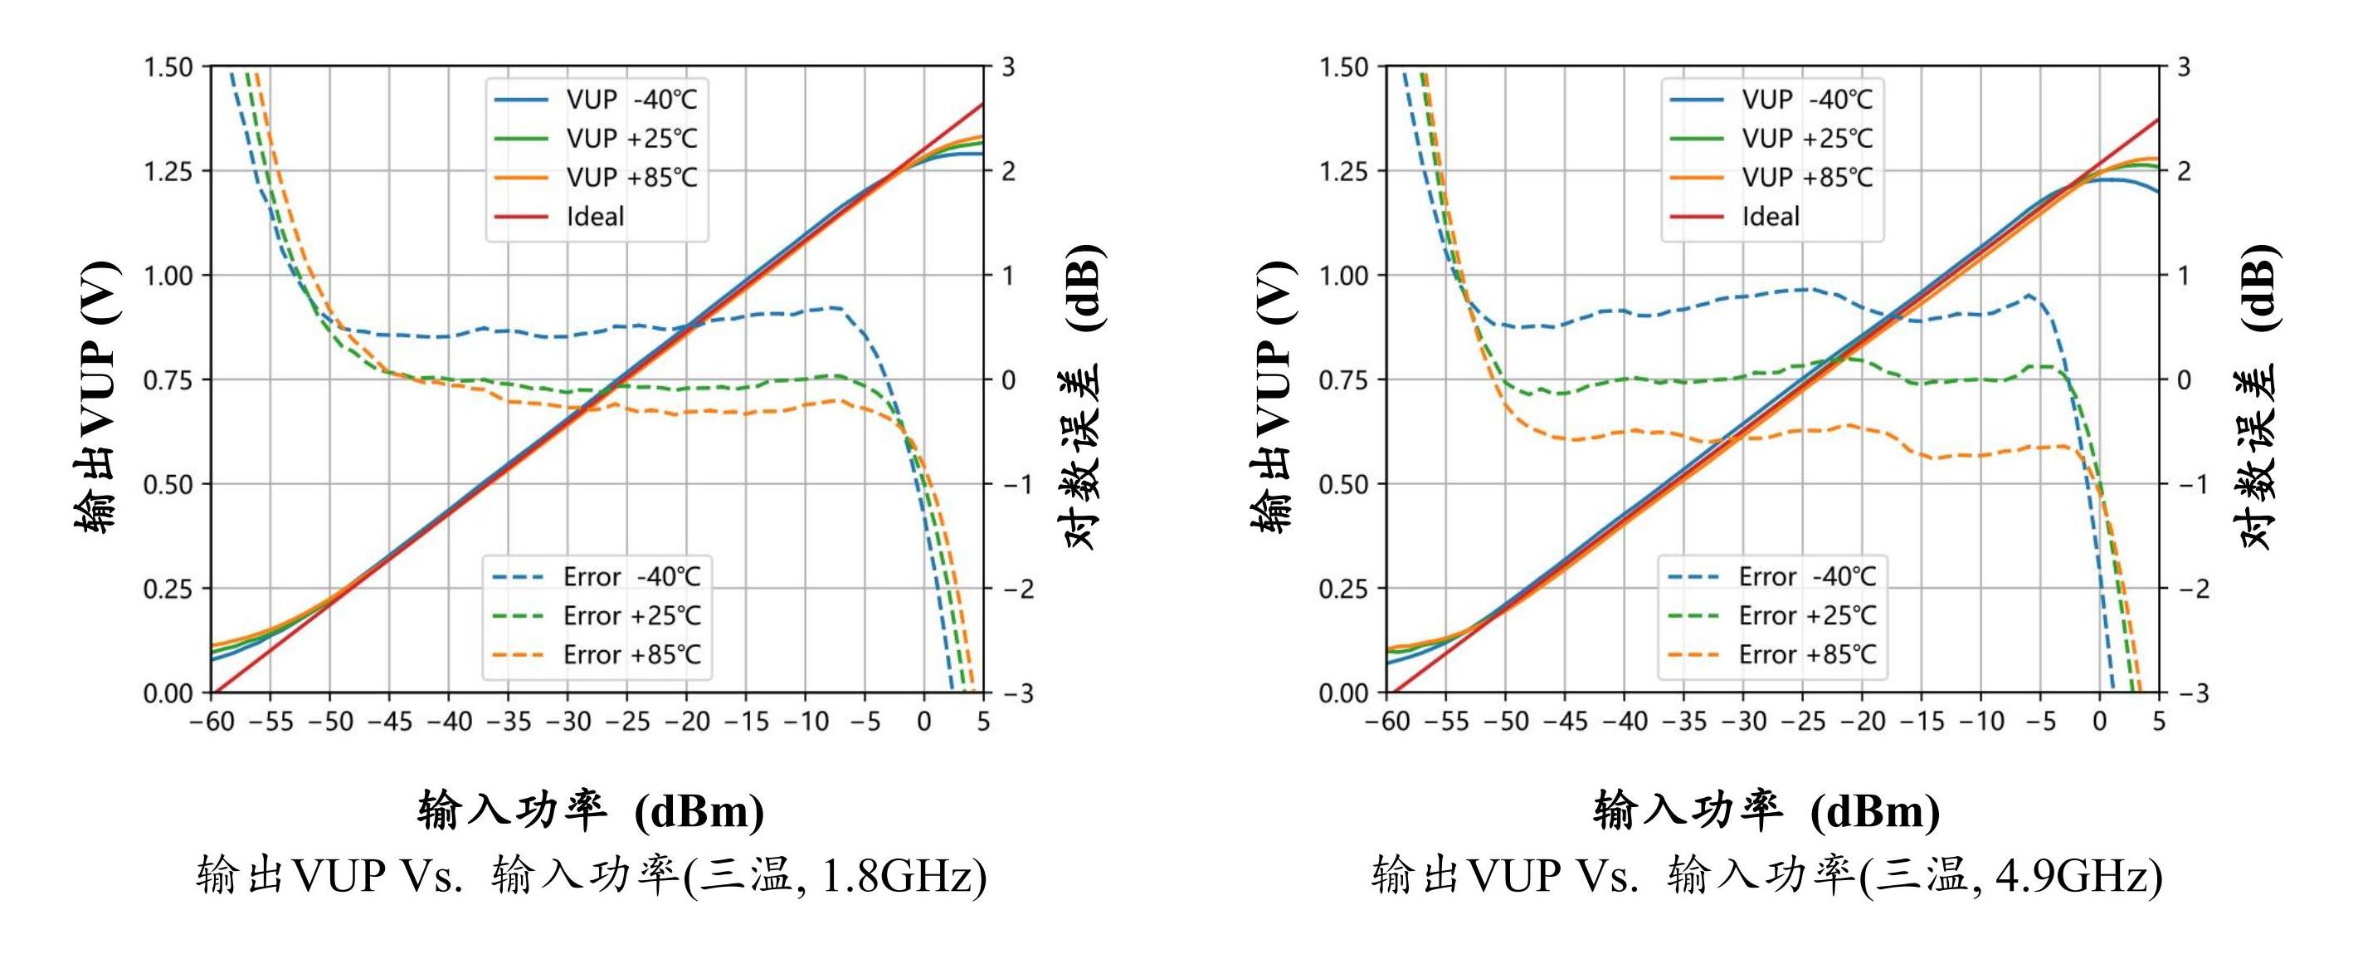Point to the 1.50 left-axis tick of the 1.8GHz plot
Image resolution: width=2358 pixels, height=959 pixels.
tap(168, 67)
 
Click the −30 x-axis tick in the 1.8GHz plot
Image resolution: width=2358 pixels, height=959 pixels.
tap(567, 722)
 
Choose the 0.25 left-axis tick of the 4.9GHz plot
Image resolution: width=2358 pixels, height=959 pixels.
tap(1344, 588)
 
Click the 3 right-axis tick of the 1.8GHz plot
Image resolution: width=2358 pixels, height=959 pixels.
tap(1008, 67)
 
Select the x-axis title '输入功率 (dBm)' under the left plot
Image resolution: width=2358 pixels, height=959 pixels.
tap(592, 810)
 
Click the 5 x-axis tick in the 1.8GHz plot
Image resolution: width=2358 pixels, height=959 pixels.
tap(983, 722)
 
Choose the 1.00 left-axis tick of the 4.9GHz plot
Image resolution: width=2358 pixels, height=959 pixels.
tap(1344, 276)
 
